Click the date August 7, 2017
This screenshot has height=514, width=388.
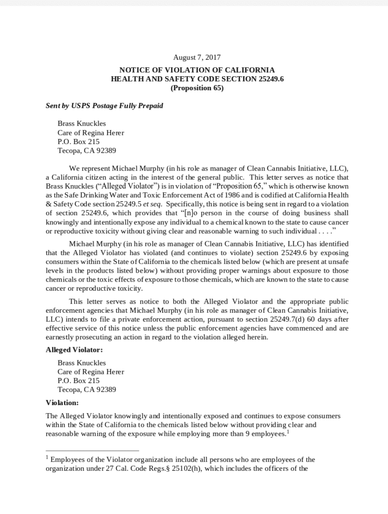(197, 58)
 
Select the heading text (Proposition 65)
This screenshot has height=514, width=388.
(197, 88)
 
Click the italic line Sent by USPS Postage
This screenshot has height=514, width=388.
(104, 106)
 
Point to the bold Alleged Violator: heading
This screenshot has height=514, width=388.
(74, 350)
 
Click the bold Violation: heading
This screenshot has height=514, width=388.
(62, 403)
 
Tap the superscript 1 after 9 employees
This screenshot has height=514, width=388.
(288, 431)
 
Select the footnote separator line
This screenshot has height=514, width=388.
(92, 451)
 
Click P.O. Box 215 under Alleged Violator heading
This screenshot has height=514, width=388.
(78, 380)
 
